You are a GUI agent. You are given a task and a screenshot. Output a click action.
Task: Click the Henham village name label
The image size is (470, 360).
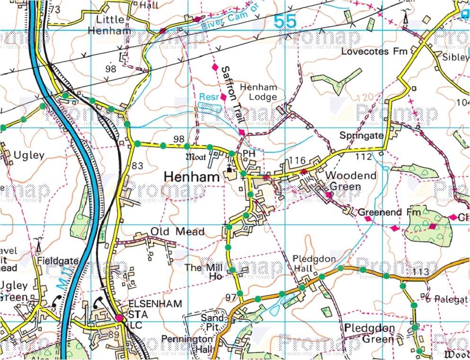coord(192,177)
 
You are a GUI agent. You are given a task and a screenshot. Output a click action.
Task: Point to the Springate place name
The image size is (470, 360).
coord(361,135)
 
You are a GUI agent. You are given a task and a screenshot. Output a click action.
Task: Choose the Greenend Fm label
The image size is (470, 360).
coord(389,213)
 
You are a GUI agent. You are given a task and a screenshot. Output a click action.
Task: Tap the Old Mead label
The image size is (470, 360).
coord(177,231)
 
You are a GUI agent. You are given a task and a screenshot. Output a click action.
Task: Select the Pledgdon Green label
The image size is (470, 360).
coord(369,333)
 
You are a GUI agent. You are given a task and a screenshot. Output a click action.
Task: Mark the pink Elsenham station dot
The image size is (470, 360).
coord(119,318)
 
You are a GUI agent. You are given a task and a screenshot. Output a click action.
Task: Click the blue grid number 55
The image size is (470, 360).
coord(285,21)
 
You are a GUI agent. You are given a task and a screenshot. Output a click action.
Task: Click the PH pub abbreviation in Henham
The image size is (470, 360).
coord(249,154)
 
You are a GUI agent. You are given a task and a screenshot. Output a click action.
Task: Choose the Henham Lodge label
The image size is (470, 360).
coord(258,92)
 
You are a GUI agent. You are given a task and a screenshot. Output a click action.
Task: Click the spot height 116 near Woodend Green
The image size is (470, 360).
coord(299,161)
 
